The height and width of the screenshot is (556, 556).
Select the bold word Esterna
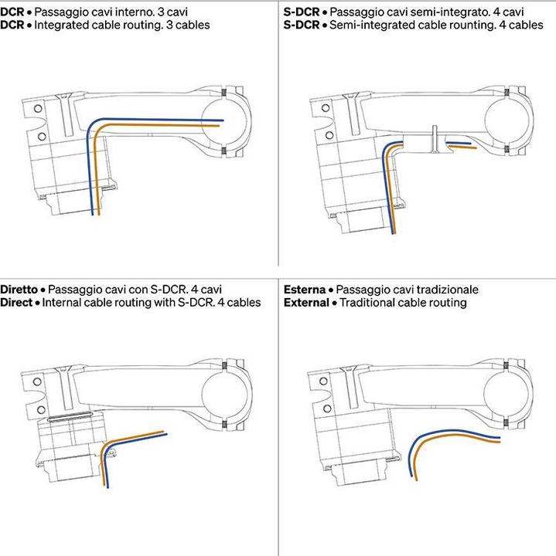304,290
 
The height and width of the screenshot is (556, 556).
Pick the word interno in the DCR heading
139,12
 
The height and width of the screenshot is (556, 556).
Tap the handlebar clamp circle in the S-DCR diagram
507,120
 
